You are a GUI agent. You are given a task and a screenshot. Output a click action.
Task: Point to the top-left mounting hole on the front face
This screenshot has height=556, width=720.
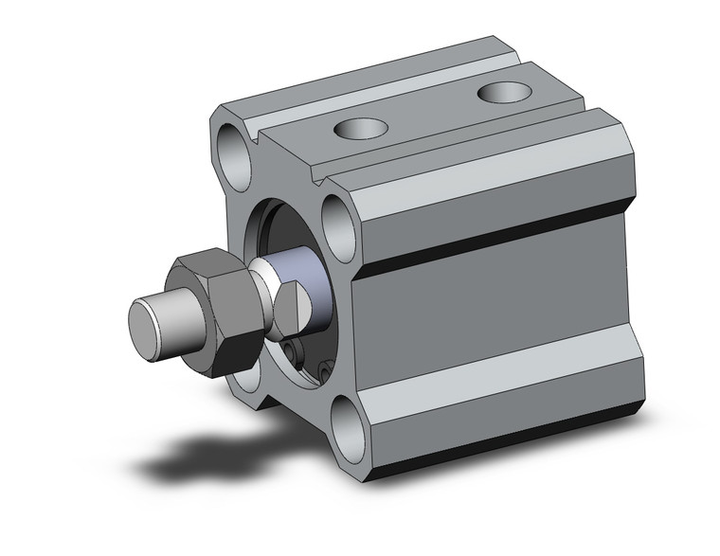tap(232, 147)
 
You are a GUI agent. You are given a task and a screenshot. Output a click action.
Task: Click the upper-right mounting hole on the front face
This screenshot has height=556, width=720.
tap(337, 220)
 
